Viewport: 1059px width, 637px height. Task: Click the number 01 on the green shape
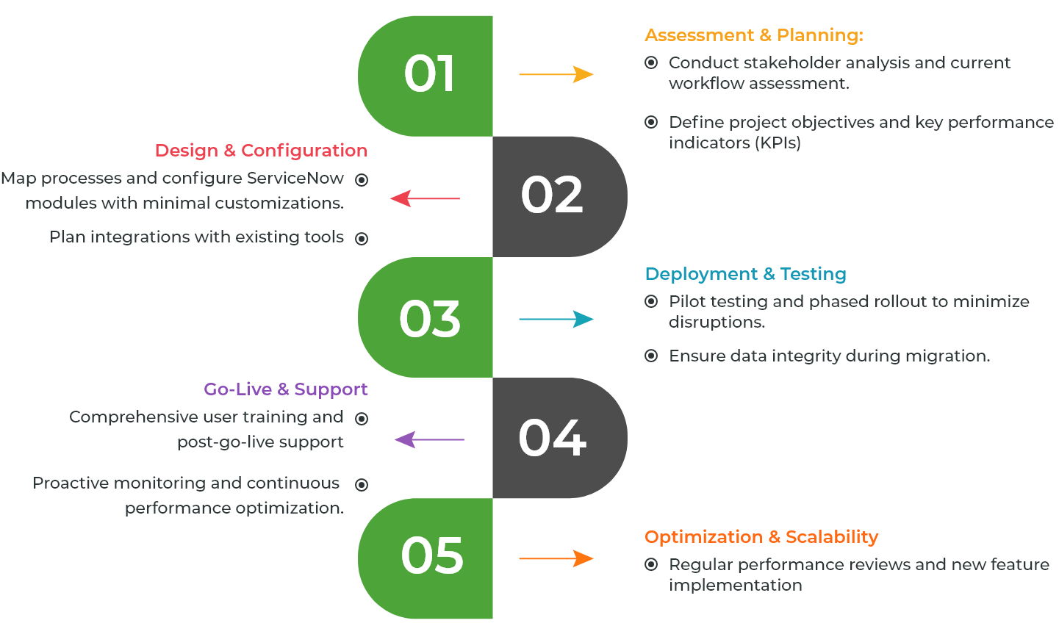pos(429,73)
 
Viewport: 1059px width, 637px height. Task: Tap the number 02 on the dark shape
pos(552,194)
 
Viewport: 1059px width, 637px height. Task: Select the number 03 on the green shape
pos(429,320)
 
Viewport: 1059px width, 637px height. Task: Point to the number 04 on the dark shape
pos(552,438)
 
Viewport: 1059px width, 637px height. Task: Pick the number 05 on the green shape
pos(432,555)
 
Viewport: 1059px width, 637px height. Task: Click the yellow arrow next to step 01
pos(556,74)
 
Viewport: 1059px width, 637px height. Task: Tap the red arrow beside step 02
pos(425,198)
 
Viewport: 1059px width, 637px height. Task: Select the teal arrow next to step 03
pos(556,319)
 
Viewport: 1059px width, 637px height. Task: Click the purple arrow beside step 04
pos(429,439)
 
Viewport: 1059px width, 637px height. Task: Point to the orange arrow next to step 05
pos(556,558)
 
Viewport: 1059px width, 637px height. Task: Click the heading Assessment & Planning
pos(754,35)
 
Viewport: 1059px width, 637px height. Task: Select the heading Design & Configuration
pos(262,151)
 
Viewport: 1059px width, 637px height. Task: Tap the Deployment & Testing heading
pos(745,274)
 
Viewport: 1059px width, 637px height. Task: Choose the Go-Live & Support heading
pos(286,389)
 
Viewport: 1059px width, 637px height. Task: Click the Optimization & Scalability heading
pos(761,537)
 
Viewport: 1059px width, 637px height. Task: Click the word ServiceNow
pos(295,178)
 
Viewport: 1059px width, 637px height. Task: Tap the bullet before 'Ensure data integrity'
pos(651,356)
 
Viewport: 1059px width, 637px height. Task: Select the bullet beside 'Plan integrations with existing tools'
pos(362,239)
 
